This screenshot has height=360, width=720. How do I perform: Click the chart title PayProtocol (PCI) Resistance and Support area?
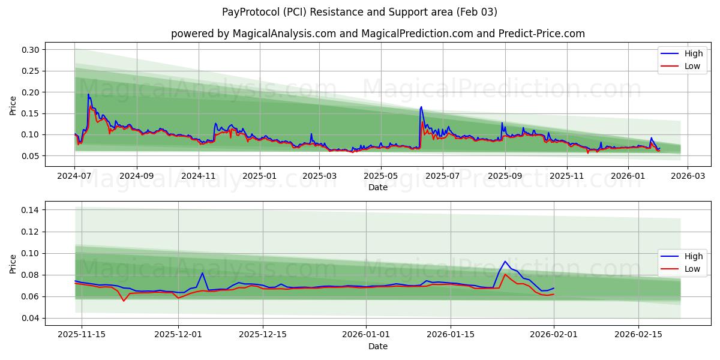point(359,12)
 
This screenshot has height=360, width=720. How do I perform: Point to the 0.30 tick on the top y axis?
point(31,50)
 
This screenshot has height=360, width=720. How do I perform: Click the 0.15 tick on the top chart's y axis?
point(31,113)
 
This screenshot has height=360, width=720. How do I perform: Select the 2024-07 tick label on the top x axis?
point(74,176)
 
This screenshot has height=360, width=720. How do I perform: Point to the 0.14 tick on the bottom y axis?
point(31,210)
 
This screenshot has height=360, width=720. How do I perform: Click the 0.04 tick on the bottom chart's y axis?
point(31,318)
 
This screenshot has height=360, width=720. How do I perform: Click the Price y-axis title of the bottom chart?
point(13,264)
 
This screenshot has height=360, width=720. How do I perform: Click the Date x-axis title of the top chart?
point(378,187)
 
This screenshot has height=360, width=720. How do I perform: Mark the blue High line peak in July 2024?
point(89,94)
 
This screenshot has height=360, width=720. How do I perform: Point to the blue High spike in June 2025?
point(421,107)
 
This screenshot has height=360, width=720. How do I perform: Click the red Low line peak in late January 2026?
point(505,274)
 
